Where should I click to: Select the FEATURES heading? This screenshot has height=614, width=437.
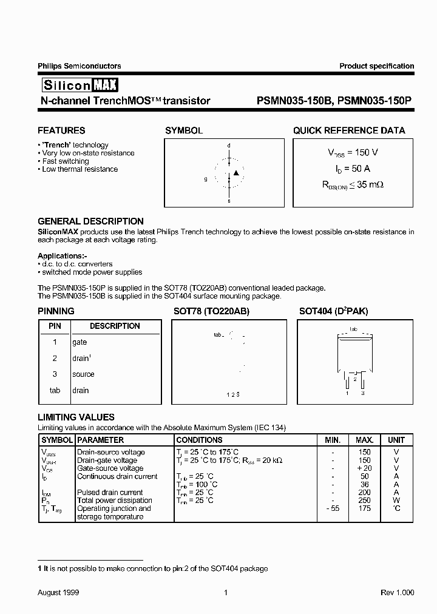[x=61, y=130]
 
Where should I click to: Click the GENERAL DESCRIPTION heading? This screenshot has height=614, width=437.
[x=90, y=221]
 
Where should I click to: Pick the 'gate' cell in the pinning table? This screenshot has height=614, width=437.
[x=80, y=342]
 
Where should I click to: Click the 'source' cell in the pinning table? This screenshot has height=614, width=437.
[x=83, y=374]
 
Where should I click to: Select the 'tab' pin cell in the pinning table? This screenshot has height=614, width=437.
[x=55, y=391]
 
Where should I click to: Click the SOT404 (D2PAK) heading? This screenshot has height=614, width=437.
[x=333, y=311]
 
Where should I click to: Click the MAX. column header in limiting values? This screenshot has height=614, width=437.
[x=364, y=440]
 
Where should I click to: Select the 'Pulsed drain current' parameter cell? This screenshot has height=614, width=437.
[x=110, y=493]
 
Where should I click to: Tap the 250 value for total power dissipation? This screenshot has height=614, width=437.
[x=364, y=501]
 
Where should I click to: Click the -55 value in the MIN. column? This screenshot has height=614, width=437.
[x=332, y=508]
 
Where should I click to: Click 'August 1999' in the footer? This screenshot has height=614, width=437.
[x=58, y=593]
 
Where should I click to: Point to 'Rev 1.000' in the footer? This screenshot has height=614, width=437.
[x=397, y=593]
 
